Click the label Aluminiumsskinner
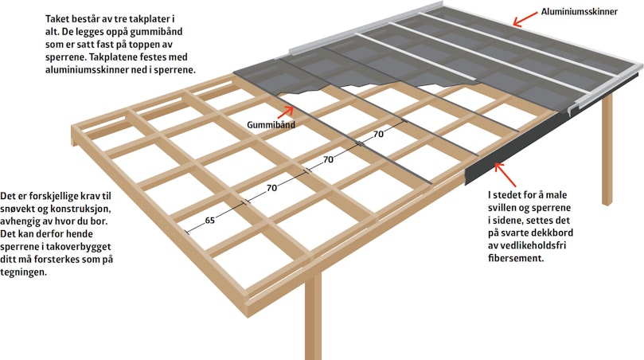click(579, 12)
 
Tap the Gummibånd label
click(271, 124)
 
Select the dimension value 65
click(210, 221)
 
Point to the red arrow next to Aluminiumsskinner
click(525, 19)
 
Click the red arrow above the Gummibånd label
click(286, 112)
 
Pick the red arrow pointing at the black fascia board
click(505, 174)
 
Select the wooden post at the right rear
click(607, 149)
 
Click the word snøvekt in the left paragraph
click(17, 209)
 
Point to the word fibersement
click(516, 259)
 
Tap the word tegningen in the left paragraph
click(23, 272)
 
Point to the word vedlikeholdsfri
click(534, 246)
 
